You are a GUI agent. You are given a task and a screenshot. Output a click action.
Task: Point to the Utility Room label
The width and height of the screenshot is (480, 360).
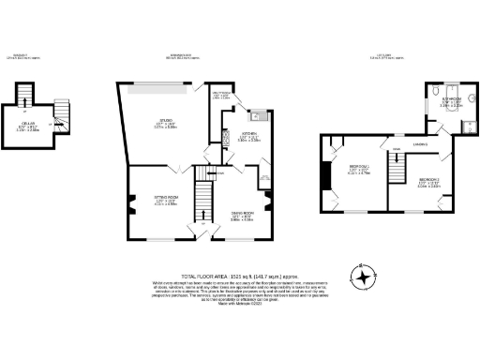[x=220, y=96]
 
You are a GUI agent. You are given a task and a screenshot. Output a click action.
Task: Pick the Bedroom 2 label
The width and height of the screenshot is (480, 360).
[x=430, y=181]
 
